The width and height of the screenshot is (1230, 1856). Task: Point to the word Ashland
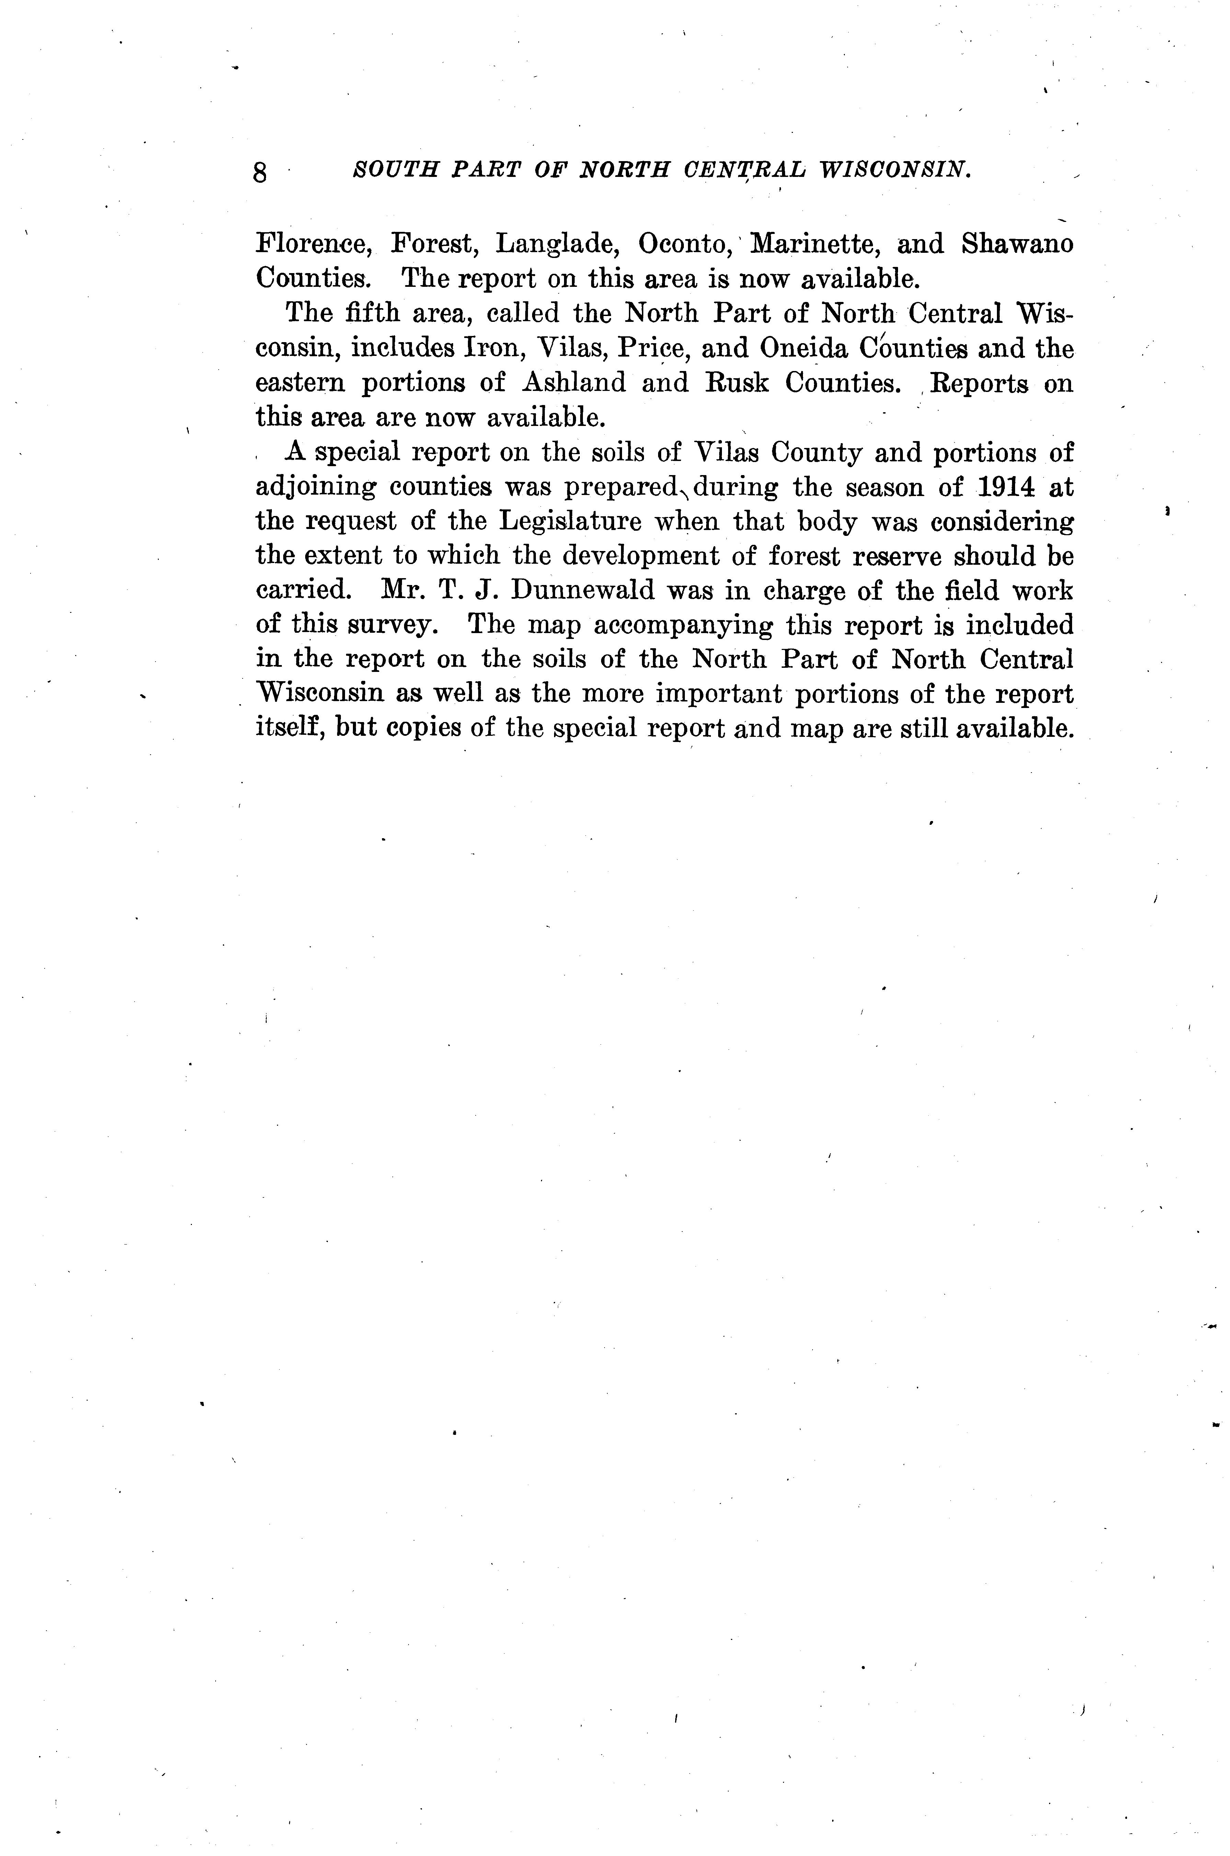(x=573, y=383)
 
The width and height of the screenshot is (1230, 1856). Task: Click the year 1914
(x=1007, y=487)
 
